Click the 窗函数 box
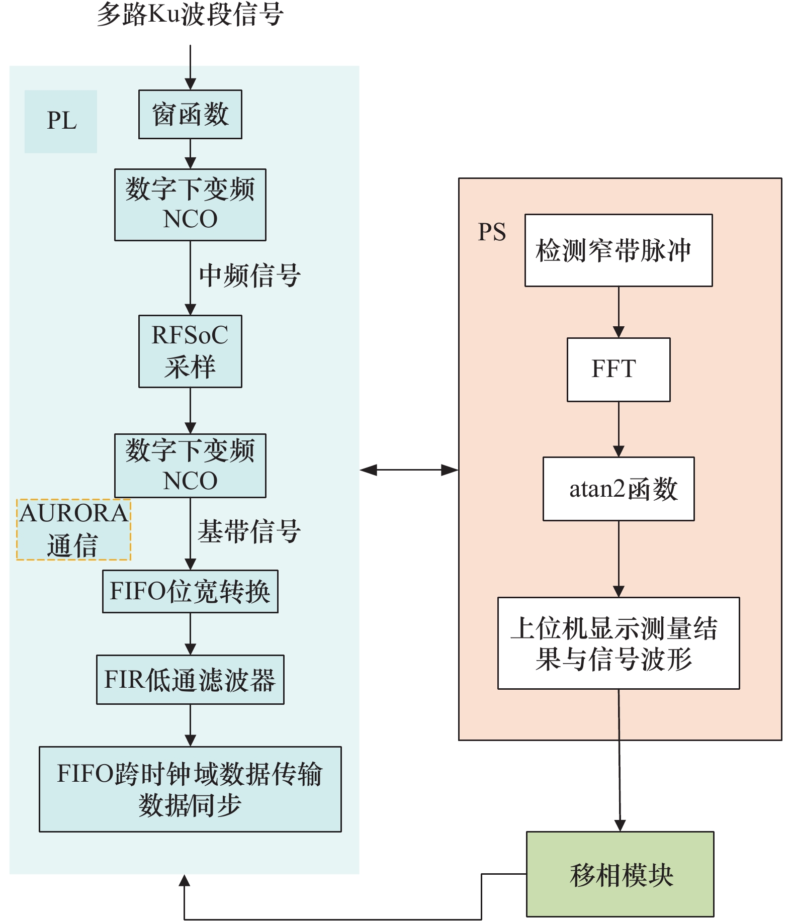[190, 114]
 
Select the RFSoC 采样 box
[190, 351]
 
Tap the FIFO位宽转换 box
[190, 591]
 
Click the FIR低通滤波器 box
[190, 679]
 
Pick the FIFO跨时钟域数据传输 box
[190, 789]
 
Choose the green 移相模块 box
[620, 874]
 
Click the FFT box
[619, 369]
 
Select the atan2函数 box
[619, 489]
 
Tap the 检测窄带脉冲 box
[619, 250]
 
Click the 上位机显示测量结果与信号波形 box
[619, 643]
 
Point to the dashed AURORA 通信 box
[73, 529]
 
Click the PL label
[61, 121]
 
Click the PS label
[492, 232]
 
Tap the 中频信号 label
[250, 275]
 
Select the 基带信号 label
[249, 531]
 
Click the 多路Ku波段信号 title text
[190, 14]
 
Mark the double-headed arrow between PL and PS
[409, 470]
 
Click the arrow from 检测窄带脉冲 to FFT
[619, 312]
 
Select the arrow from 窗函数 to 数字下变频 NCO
[190, 153]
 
